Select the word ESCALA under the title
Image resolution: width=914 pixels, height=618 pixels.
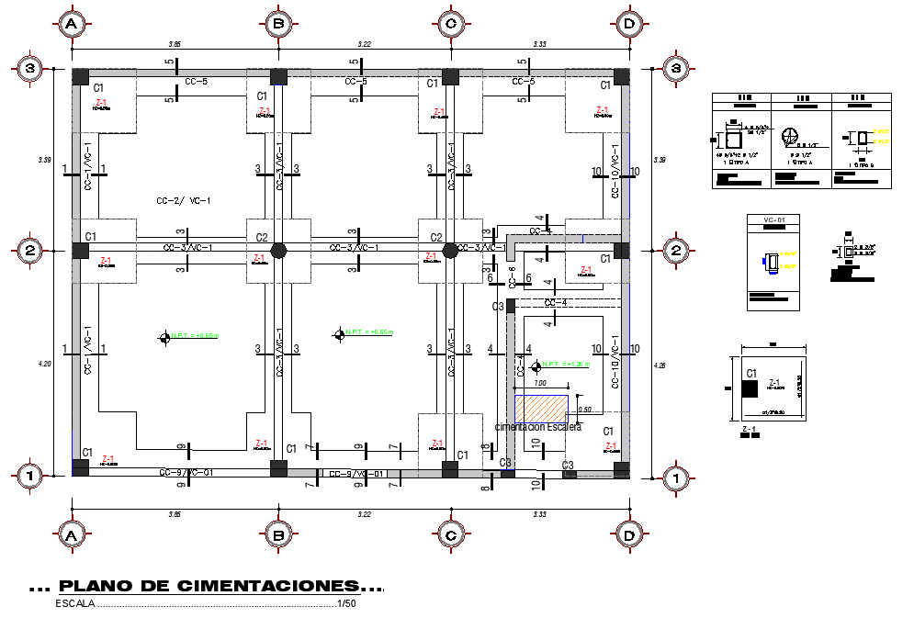[74, 603]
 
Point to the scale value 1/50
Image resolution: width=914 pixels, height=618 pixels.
[346, 603]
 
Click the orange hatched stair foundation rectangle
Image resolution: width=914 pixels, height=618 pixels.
[540, 408]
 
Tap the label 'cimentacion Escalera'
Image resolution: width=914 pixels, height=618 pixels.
[538, 427]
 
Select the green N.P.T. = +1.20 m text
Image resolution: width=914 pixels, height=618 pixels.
[566, 364]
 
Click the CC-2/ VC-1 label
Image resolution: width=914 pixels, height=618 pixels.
[184, 200]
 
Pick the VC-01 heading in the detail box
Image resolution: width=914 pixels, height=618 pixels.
[774, 220]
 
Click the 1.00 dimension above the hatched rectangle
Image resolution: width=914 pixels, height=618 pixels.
[540, 383]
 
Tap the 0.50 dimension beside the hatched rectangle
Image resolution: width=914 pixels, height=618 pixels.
[584, 410]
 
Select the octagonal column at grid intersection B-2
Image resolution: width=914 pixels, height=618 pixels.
[279, 250]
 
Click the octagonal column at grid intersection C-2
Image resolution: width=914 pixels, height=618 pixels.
[450, 250]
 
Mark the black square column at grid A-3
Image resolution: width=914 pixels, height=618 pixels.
[81, 75]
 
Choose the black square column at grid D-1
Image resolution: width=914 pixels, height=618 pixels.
[622, 468]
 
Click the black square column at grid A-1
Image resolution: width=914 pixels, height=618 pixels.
[81, 467]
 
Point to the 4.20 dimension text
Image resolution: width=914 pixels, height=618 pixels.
[44, 365]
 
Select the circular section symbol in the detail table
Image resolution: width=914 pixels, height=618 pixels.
[788, 137]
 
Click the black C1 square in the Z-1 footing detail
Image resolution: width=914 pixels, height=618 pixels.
[749, 388]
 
